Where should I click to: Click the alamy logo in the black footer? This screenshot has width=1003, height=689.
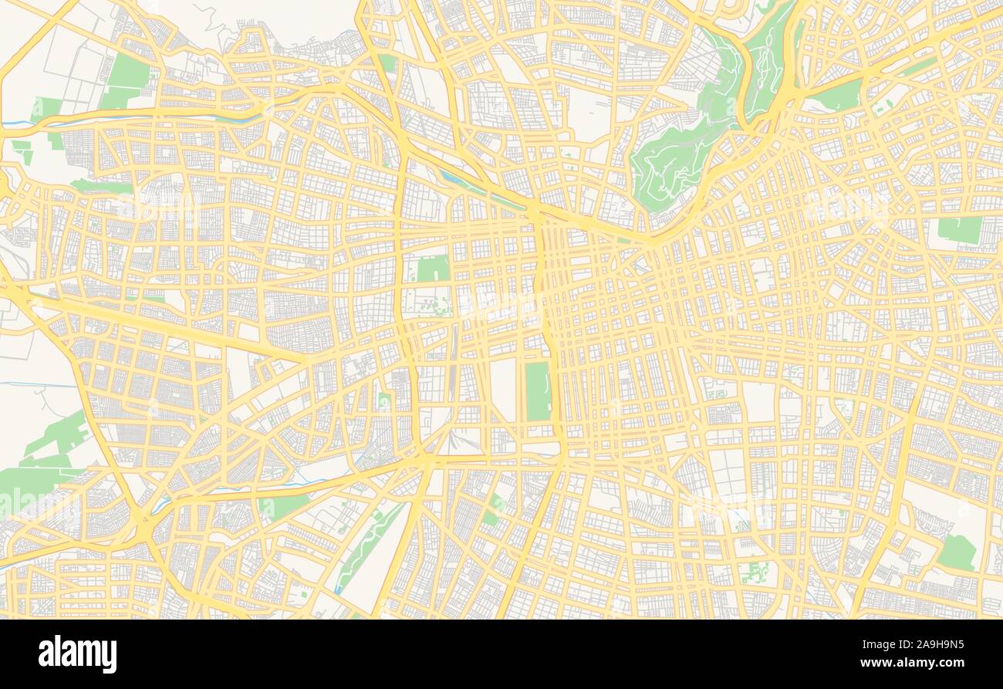pyautogui.click(x=77, y=654)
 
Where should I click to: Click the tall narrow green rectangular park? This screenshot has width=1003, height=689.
pyautogui.click(x=538, y=391)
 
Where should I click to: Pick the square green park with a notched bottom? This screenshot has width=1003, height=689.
pyautogui.click(x=433, y=269)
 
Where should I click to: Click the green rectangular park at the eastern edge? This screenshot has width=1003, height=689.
pyautogui.click(x=959, y=229)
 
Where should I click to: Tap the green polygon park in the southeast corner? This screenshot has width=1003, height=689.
pyautogui.click(x=957, y=552)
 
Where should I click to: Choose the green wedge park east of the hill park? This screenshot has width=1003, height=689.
pyautogui.click(x=839, y=96)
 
